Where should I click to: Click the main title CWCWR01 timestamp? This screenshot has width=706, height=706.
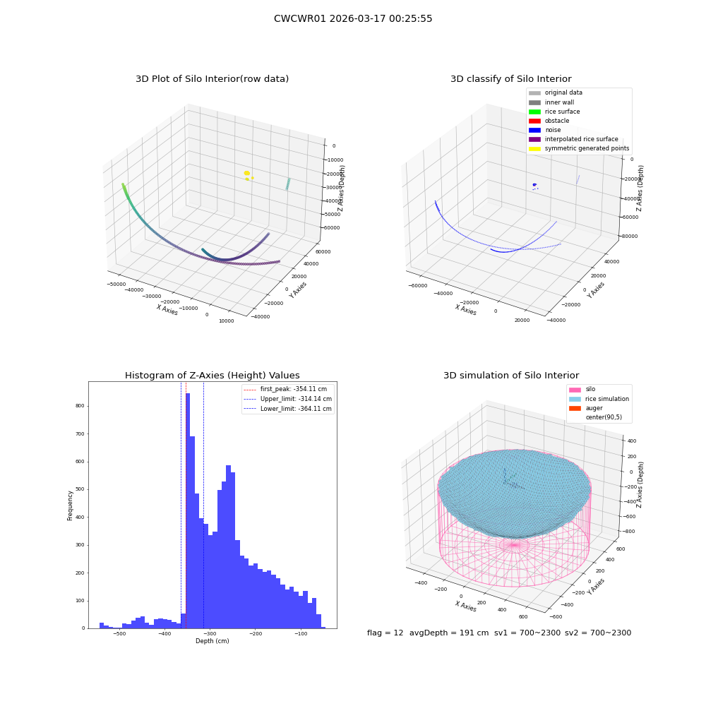click(353, 18)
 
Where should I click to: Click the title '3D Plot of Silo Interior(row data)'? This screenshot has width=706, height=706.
click(212, 79)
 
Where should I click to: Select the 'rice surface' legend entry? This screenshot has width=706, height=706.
click(554, 112)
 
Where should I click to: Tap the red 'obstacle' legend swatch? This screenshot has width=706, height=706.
click(534, 121)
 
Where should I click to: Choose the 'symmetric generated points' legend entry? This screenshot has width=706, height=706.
click(579, 148)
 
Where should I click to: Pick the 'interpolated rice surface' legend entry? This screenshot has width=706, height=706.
click(573, 139)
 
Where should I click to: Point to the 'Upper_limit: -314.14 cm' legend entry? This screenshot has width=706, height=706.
click(288, 399)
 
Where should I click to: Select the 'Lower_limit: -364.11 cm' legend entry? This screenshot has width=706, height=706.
click(288, 409)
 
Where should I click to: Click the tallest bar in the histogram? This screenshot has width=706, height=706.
click(188, 510)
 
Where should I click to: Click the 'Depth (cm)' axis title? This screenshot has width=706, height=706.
click(213, 641)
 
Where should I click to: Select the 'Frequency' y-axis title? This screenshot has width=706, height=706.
click(70, 505)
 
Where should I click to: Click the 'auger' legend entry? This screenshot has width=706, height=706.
click(586, 408)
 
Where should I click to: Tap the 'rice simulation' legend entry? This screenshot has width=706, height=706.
click(599, 399)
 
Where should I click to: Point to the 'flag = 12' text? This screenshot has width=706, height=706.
click(385, 633)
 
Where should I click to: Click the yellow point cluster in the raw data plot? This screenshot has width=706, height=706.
click(247, 174)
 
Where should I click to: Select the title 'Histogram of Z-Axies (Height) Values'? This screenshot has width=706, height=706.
click(212, 376)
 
